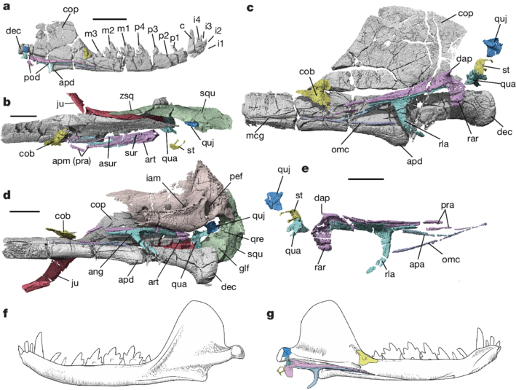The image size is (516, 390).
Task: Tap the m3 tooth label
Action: [90, 35]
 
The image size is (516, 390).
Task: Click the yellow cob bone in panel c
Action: [315, 93]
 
